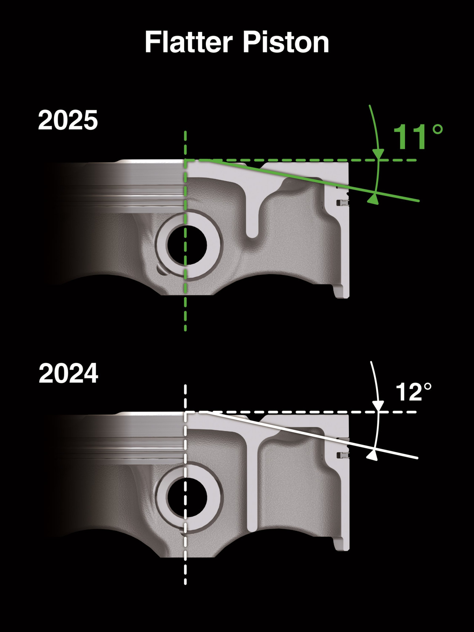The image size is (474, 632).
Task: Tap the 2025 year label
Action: point(68,120)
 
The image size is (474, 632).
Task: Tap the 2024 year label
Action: point(68,373)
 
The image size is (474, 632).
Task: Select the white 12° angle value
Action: point(413,392)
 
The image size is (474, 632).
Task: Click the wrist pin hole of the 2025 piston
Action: point(187,245)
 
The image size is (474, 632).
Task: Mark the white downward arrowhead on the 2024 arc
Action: point(378,406)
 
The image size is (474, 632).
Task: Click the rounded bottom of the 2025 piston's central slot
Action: point(252,234)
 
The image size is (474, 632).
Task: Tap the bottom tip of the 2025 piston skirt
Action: point(342,295)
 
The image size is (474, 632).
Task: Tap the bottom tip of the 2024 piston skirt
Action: point(342,548)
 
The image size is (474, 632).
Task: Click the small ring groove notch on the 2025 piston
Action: point(342,203)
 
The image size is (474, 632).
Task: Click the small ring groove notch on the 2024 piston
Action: point(342,455)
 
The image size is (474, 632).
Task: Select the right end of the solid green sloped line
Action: point(418,201)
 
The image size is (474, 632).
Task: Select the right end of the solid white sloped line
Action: point(416,458)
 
